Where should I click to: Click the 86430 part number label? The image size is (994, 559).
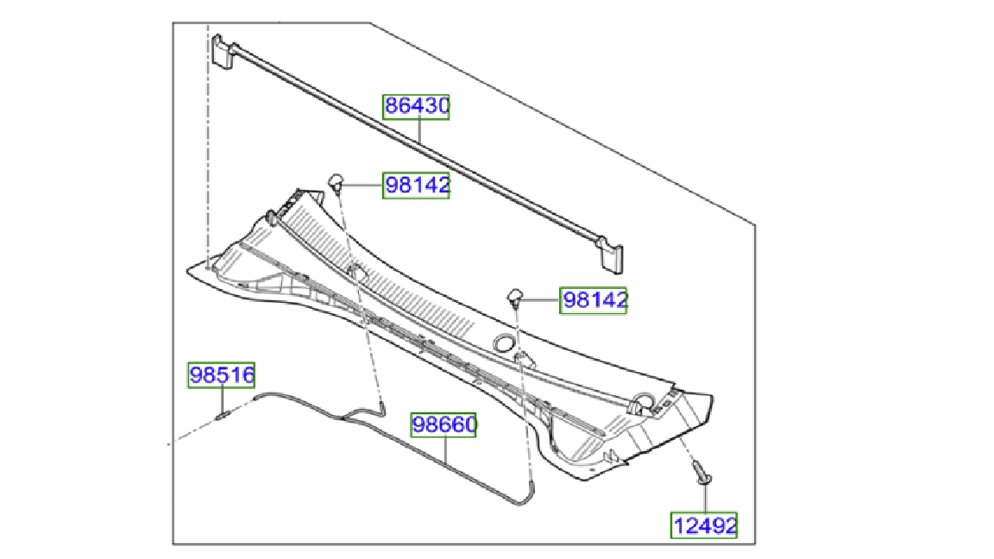point(416,106)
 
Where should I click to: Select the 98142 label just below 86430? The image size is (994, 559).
point(416,185)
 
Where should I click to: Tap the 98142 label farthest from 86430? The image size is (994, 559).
point(594,300)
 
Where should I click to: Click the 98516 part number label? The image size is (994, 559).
point(221,374)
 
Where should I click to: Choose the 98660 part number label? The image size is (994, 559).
point(444,424)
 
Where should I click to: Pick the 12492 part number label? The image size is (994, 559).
point(704,525)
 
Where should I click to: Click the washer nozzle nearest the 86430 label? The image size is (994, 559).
point(337,183)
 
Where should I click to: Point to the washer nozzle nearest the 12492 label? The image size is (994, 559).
point(515,296)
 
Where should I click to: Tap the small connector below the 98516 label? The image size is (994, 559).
point(223,417)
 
